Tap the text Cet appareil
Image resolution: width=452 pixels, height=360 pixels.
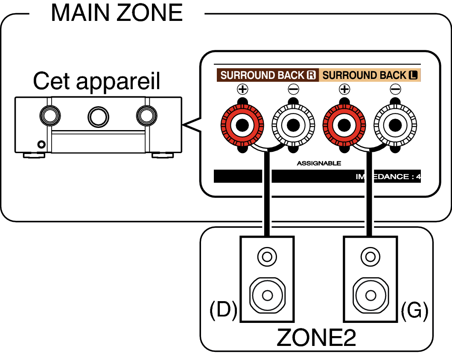point(96,81)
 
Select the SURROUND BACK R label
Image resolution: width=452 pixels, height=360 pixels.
point(268,75)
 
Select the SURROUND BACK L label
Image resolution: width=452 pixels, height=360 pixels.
point(370,75)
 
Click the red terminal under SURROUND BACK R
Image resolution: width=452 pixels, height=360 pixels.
point(242,125)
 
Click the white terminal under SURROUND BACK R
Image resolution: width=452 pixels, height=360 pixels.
point(293,125)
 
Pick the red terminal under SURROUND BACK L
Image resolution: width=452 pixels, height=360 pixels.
point(344,125)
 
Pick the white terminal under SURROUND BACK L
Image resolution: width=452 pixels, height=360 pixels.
point(395,125)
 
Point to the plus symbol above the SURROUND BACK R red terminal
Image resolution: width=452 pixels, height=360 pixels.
point(242,90)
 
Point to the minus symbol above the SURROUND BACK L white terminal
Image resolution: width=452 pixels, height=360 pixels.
point(395,90)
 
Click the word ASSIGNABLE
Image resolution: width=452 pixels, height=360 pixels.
point(319,163)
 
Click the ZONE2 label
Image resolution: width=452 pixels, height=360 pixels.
point(316,338)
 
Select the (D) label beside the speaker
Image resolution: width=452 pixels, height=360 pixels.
point(223,311)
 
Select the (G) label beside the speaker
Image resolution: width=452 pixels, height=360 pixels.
point(414,311)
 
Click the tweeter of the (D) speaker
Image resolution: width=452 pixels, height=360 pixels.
point(267,257)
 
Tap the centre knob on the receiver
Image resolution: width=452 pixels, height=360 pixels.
point(98,115)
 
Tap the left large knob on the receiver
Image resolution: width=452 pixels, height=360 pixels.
point(50,115)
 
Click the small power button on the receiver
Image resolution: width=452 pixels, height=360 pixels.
point(41,144)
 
